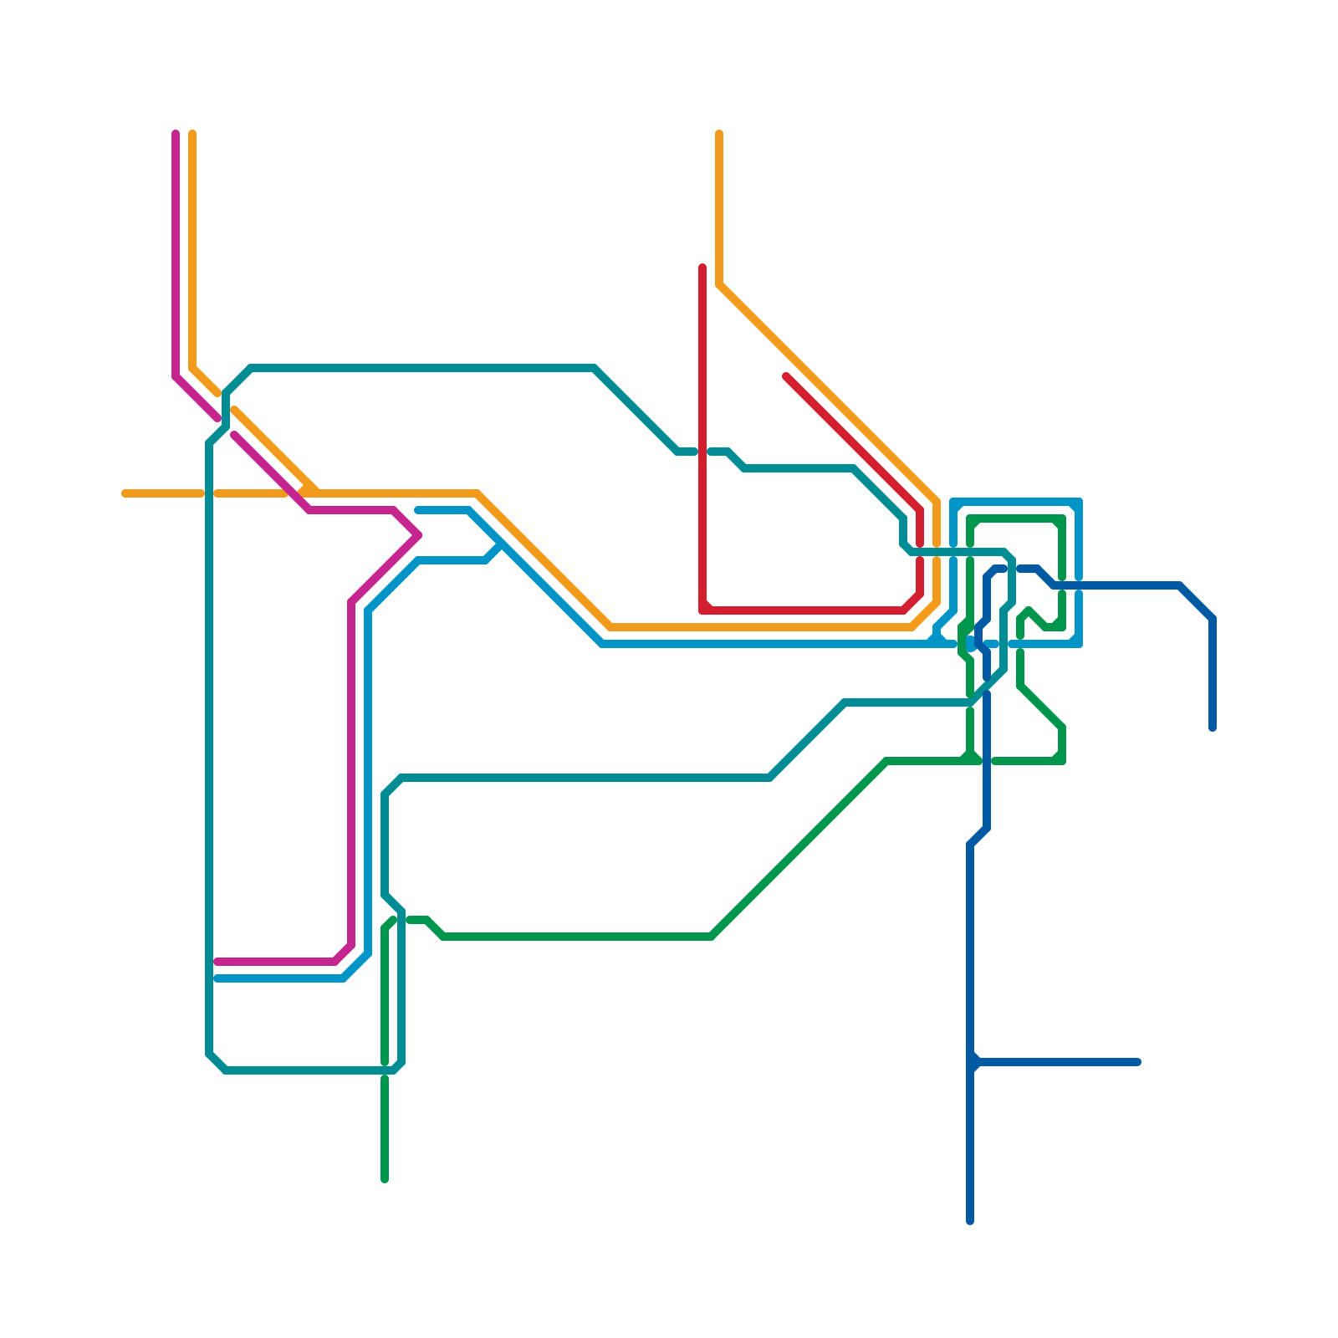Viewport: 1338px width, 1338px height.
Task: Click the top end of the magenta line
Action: click(x=176, y=134)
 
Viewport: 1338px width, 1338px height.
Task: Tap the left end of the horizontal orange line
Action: click(x=125, y=493)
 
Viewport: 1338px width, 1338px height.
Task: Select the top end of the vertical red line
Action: click(x=702, y=268)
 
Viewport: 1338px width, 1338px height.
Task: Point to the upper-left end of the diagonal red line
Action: click(x=786, y=377)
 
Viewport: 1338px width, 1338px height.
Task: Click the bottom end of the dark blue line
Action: click(x=970, y=1221)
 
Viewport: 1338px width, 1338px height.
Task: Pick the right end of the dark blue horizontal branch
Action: click(x=1137, y=1062)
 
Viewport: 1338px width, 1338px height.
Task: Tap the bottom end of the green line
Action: click(x=385, y=1179)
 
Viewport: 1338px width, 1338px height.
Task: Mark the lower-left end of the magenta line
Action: click(x=217, y=962)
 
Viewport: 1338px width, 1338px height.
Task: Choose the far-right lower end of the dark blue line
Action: click(x=1213, y=728)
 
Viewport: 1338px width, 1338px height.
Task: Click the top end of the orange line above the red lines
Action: click(x=719, y=134)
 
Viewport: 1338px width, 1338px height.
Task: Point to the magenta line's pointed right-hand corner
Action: click(x=417, y=535)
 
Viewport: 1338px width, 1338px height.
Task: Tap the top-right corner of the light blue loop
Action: click(x=1079, y=503)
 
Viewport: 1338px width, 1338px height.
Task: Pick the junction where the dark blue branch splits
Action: click(x=972, y=1062)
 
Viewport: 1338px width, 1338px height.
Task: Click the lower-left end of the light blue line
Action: click(x=217, y=978)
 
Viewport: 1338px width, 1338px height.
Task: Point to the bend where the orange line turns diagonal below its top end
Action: click(x=719, y=284)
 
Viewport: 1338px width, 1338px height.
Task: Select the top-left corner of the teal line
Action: click(x=251, y=368)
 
